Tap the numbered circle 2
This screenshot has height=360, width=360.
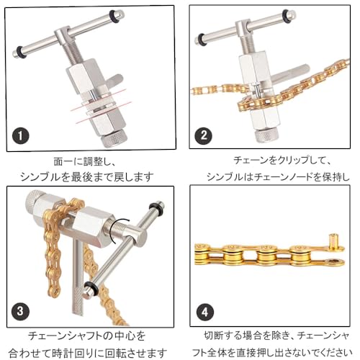click(x=204, y=135)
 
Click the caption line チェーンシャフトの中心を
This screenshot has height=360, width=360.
click(x=88, y=335)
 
